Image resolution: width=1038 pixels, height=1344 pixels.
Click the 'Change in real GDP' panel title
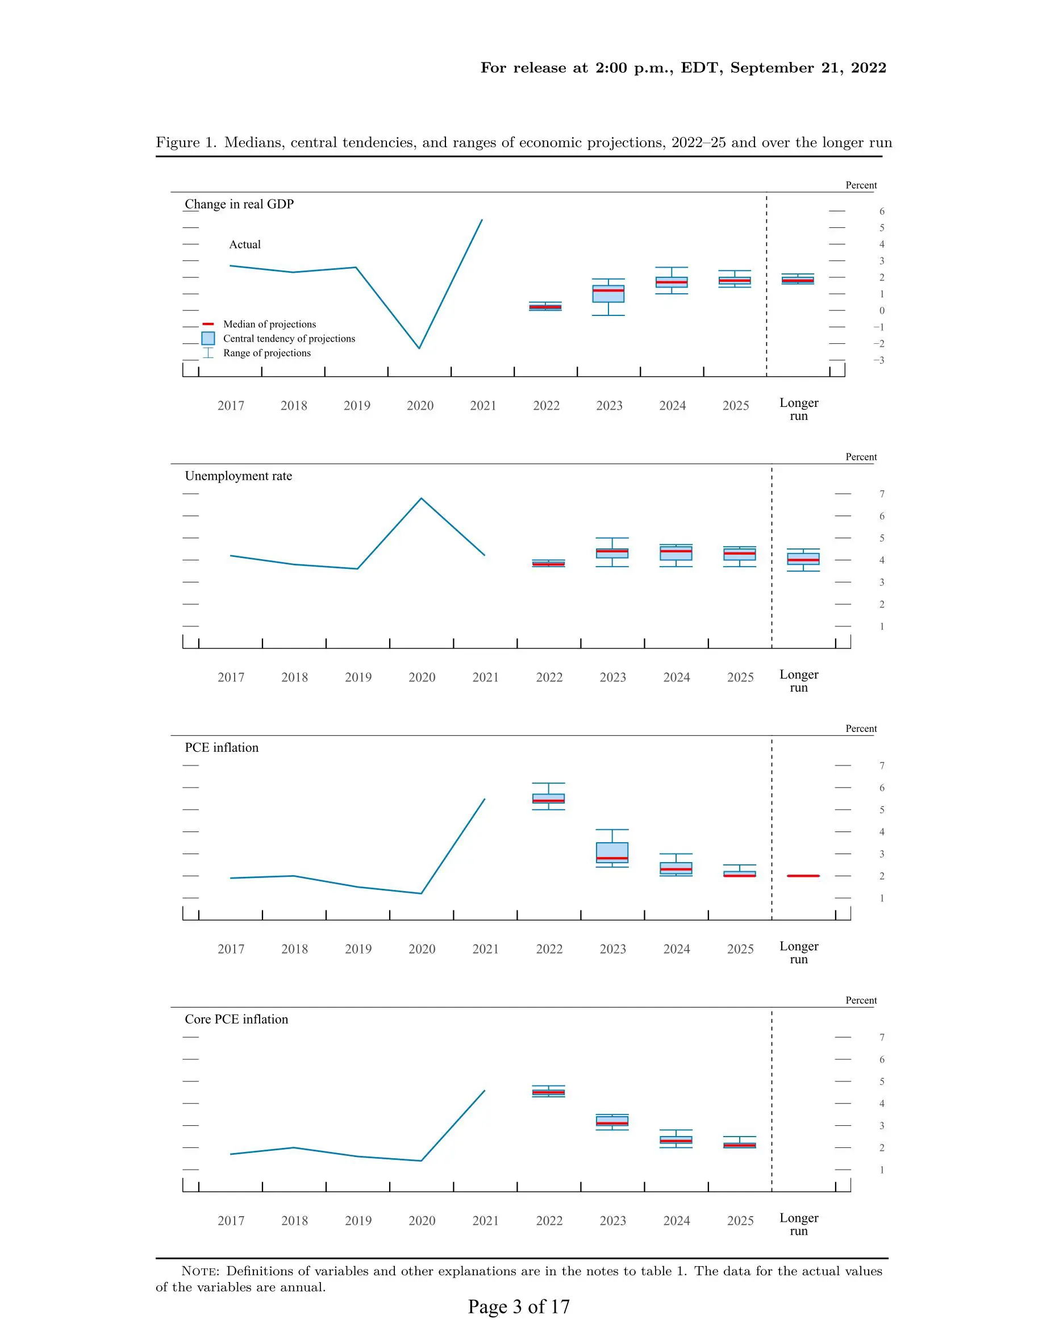click(239, 205)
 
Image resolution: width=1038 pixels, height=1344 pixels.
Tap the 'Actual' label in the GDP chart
click(245, 245)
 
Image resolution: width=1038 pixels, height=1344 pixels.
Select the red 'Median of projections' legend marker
click(208, 324)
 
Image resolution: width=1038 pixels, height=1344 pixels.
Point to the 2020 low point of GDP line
click(420, 348)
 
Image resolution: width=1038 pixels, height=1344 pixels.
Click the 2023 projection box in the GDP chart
click(608, 294)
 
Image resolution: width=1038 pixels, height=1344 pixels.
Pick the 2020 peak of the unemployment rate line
click(422, 498)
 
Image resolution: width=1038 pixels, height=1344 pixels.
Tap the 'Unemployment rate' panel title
click(238, 476)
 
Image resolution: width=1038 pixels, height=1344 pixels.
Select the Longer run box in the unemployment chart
click(803, 559)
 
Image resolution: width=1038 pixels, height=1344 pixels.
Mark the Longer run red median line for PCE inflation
click(803, 876)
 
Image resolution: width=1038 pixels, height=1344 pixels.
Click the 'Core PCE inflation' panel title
click(236, 1020)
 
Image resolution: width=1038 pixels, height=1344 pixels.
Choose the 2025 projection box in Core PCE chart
click(740, 1145)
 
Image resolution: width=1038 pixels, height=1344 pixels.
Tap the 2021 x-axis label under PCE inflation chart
click(485, 950)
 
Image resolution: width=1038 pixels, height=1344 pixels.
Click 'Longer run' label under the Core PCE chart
click(799, 1225)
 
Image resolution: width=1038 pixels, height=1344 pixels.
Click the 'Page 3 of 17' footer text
click(519, 1307)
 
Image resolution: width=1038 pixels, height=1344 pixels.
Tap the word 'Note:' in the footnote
click(200, 1271)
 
